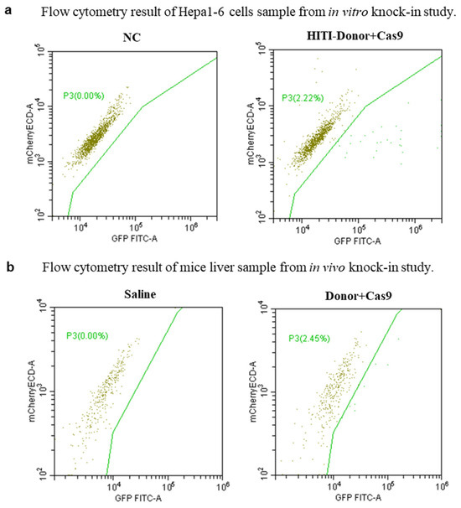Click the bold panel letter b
pyautogui.click(x=8, y=269)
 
